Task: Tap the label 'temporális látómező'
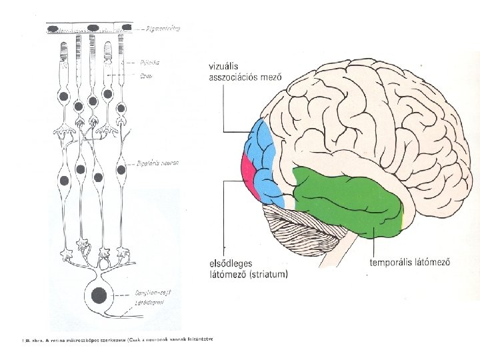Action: pos(409,262)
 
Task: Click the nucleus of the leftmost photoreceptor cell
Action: pos(64,97)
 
